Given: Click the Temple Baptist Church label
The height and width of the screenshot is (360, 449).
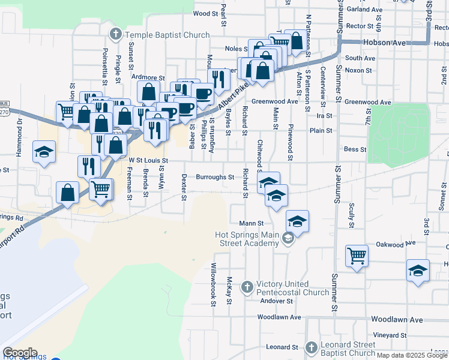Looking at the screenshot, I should click(163, 35).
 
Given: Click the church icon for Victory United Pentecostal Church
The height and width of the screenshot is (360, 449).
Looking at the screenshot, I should click(246, 287).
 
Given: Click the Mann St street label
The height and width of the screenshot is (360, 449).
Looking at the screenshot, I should click(252, 223).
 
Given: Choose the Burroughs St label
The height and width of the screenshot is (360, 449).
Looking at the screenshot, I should click(215, 178).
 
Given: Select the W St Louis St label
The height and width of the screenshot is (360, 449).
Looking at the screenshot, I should click(148, 161).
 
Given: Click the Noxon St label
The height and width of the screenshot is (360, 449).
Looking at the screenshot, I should click(358, 70).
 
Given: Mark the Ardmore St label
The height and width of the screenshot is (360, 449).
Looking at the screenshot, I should click(148, 77).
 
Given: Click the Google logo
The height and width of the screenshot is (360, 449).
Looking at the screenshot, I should click(20, 353).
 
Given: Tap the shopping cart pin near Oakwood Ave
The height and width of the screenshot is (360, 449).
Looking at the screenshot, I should click(357, 256).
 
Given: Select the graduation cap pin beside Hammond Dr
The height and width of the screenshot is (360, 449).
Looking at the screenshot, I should click(44, 152).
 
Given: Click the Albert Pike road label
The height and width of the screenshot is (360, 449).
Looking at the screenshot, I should click(233, 97).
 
